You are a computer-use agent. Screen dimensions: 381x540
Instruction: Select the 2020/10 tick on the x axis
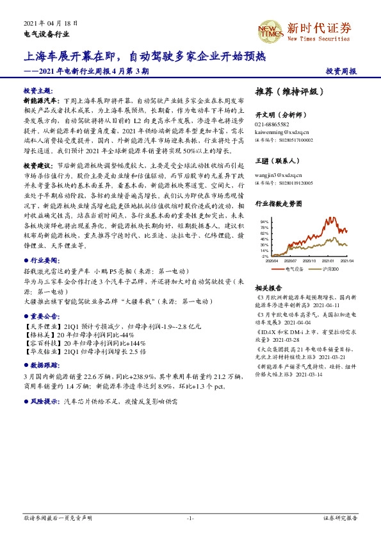(x=309, y=261)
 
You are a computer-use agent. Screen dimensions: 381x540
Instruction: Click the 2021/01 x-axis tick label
(x=328, y=261)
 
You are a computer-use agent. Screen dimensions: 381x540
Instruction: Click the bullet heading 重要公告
(x=44, y=316)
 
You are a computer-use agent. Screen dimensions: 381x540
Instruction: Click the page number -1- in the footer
(x=190, y=518)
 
